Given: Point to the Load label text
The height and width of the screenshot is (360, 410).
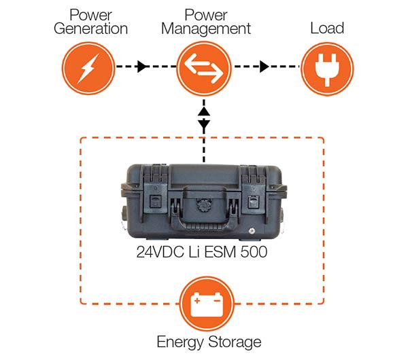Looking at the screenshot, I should [x=326, y=29].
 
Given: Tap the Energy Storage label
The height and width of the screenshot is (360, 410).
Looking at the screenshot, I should [x=204, y=342].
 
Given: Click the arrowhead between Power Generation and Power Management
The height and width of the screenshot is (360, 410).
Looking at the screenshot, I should [x=141, y=67].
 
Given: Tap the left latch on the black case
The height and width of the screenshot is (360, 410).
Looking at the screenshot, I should [x=155, y=202].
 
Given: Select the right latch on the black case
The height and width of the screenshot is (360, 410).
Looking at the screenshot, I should [x=253, y=202].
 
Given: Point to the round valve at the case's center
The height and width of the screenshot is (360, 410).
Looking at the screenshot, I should [x=204, y=202].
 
